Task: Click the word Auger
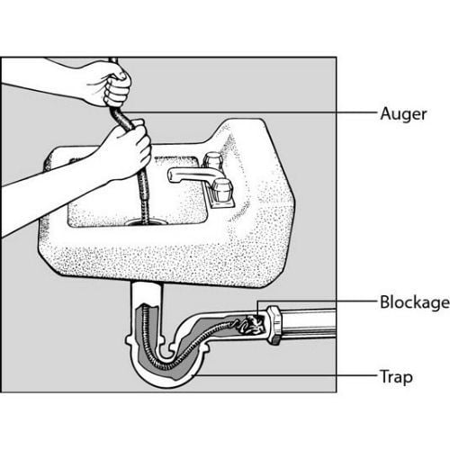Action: [403, 114]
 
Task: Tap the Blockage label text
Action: [415, 302]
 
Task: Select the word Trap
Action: [396, 376]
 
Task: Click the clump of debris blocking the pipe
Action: [251, 325]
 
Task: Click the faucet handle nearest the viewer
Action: [222, 190]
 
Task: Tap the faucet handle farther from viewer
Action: [212, 159]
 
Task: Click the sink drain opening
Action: [146, 222]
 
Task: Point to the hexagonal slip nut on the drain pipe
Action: [274, 325]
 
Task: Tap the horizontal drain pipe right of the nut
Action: [309, 324]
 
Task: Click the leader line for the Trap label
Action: [284, 375]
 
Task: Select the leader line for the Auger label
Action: [249, 112]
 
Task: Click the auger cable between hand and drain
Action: [143, 195]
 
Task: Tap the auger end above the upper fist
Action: [113, 60]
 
